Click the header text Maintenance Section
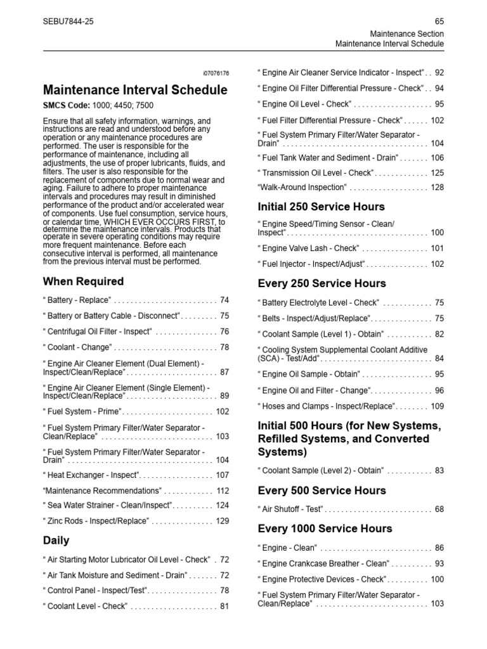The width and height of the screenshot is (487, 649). coord(408,34)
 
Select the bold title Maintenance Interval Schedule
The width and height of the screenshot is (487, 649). coord(134,91)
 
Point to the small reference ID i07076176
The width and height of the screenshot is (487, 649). coord(216,74)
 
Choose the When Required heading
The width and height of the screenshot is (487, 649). coord(83,281)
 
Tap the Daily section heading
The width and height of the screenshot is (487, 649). coord(56,541)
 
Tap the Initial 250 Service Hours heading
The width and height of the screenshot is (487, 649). coord(321,207)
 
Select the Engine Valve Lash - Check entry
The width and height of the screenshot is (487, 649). coord(310,248)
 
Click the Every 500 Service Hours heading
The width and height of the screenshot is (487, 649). coord(321,491)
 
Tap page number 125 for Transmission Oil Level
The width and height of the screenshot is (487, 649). coord(437,172)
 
